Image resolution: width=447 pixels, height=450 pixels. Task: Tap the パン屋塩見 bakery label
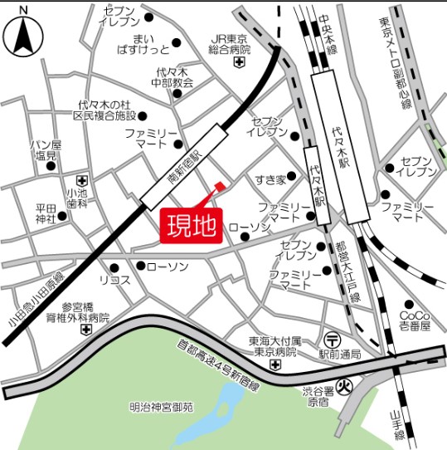tap(45, 149)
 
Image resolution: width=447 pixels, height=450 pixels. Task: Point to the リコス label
tap(114, 280)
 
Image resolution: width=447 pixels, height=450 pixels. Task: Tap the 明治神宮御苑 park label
tap(161, 407)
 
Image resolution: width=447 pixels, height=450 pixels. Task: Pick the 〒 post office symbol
tap(332, 339)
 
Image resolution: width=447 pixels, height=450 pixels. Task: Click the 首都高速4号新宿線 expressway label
tap(220, 365)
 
